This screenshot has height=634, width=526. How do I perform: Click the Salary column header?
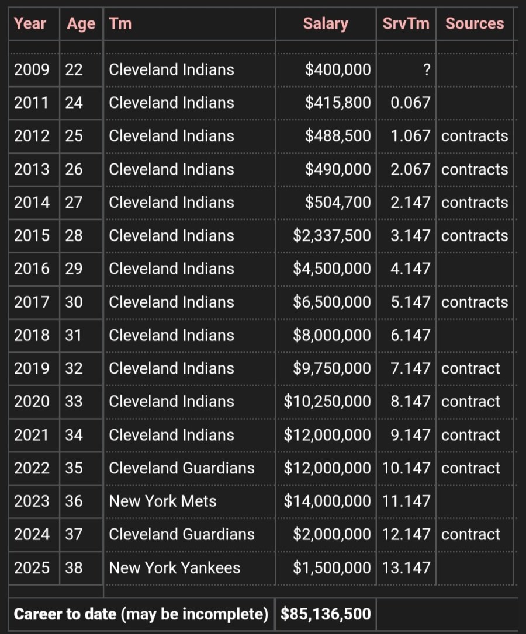[326, 24]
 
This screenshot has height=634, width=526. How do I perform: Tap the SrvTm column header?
[406, 23]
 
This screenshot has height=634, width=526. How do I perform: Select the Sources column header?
[475, 23]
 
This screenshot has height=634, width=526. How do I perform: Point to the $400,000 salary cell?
[338, 69]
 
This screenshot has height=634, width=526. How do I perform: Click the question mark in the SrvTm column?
[427, 70]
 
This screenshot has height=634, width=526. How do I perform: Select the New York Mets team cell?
[162, 501]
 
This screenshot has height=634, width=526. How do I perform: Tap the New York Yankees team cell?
[175, 567]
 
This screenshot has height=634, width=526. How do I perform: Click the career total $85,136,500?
[326, 614]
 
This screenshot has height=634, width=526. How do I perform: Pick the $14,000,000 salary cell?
[327, 501]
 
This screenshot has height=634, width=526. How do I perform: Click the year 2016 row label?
[32, 269]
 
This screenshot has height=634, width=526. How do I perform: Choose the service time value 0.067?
[410, 103]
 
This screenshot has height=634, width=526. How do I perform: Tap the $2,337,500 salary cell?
[331, 236]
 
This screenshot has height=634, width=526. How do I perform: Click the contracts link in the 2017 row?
[475, 302]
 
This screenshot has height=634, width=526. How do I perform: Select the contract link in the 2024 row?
[470, 535]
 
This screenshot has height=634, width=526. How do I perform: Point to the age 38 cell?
[74, 567]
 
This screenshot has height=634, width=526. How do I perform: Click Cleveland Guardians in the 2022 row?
[182, 468]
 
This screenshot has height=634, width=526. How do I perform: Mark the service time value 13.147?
[406, 567]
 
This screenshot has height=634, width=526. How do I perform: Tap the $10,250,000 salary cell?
[327, 402]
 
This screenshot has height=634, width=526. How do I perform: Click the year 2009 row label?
[32, 69]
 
